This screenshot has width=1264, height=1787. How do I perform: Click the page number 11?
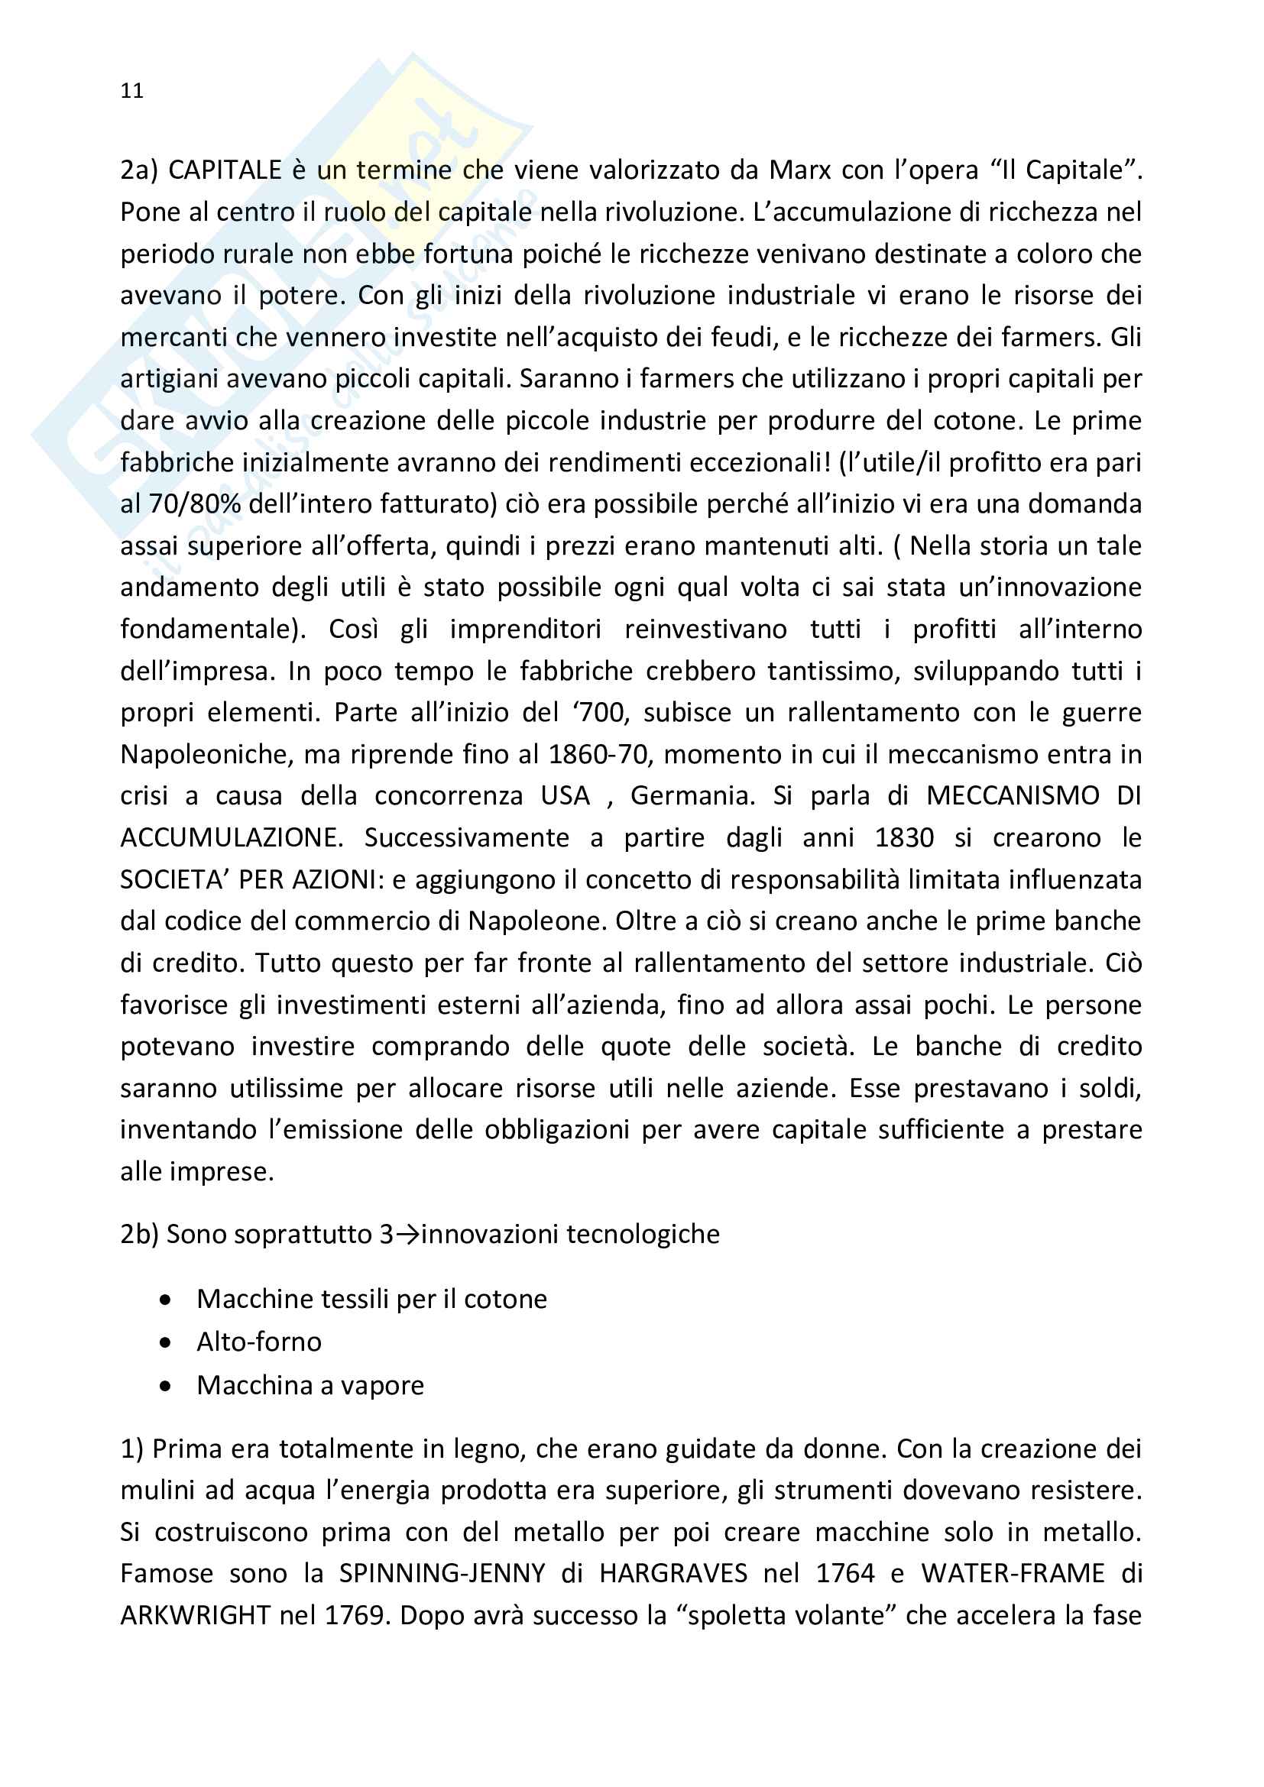(131, 91)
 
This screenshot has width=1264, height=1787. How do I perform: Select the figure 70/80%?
(195, 504)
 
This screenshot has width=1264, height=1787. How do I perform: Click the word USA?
(565, 795)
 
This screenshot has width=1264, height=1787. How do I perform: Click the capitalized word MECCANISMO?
(1013, 795)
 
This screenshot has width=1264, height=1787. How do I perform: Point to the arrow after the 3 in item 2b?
(407, 1235)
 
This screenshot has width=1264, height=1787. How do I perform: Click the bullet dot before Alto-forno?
(165, 1342)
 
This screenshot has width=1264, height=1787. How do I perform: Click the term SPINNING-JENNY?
(442, 1574)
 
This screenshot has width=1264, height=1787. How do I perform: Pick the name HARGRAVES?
(673, 1574)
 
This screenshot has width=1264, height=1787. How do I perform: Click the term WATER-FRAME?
(1013, 1574)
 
